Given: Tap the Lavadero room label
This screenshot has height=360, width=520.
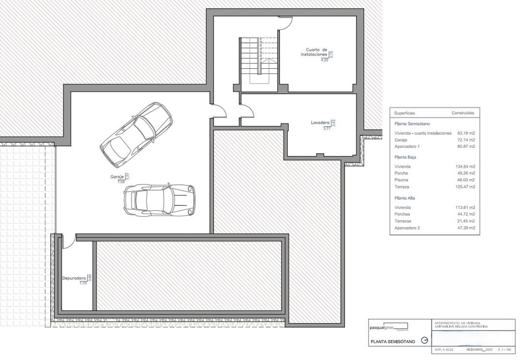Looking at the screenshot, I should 320,123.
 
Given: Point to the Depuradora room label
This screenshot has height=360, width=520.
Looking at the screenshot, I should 74,279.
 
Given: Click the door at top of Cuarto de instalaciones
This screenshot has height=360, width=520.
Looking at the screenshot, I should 286,20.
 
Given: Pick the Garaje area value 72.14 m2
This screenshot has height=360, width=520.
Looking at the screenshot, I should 465,140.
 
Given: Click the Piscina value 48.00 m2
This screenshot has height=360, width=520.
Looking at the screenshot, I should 466,180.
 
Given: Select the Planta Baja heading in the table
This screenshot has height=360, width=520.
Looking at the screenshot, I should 405,158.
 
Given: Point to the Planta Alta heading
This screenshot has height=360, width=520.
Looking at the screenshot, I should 405,198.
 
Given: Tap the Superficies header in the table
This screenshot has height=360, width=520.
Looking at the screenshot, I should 404,113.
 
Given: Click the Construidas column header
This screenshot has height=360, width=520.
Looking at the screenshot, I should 462,113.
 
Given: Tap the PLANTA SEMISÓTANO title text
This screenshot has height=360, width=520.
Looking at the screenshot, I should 393,342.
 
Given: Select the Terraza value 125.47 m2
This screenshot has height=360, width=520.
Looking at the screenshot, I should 465,187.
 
